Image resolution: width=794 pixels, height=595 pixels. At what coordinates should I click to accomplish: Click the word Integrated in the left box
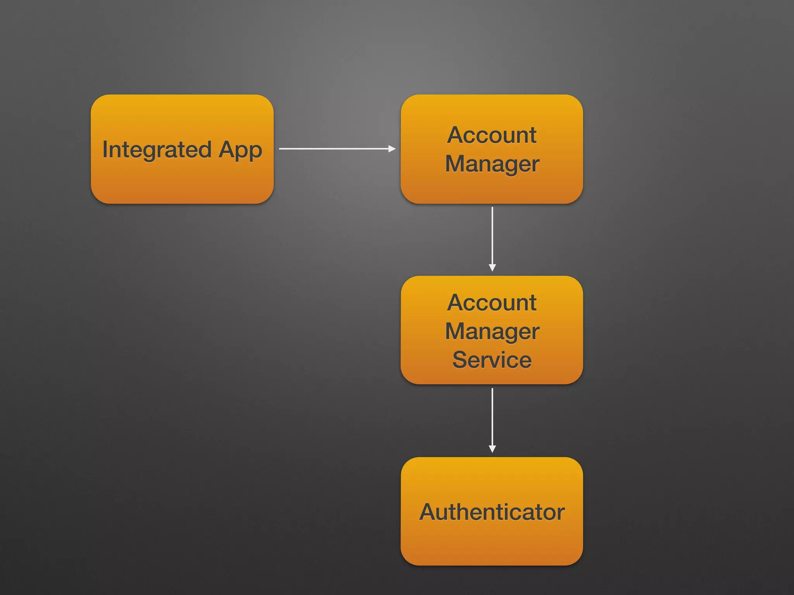pyautogui.click(x=157, y=150)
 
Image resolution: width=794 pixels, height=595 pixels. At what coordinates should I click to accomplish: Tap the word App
pyautogui.click(x=240, y=150)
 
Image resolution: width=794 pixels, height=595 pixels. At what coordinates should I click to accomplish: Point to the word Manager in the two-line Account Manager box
pyautogui.click(x=492, y=164)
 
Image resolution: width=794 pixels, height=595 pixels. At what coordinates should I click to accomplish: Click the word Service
pyautogui.click(x=492, y=360)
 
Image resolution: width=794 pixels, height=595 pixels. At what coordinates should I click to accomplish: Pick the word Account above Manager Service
pyautogui.click(x=492, y=302)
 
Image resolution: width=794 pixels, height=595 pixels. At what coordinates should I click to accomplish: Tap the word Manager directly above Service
pyautogui.click(x=492, y=332)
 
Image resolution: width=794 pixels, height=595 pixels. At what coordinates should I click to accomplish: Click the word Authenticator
pyautogui.click(x=492, y=512)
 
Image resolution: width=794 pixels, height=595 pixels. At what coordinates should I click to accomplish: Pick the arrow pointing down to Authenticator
pyautogui.click(x=492, y=418)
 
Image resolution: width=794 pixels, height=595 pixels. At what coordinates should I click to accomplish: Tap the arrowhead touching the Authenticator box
pyautogui.click(x=492, y=449)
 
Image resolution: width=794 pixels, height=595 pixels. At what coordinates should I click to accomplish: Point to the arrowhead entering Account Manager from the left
pyautogui.click(x=392, y=148)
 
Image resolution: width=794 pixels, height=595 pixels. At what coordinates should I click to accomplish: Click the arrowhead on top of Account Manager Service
pyautogui.click(x=492, y=268)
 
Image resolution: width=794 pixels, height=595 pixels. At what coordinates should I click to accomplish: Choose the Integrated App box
pyautogui.click(x=182, y=182)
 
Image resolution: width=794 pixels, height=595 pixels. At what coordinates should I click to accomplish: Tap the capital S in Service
pyautogui.click(x=460, y=360)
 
